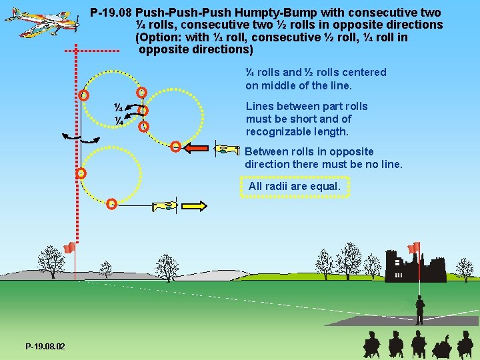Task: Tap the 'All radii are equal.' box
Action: [x=294, y=187]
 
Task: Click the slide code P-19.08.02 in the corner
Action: [x=45, y=347]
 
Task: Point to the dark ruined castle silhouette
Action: [x=415, y=267]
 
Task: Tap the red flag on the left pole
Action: [x=68, y=249]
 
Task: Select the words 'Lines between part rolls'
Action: [x=307, y=107]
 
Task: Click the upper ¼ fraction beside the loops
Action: [x=117, y=107]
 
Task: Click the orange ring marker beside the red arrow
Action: [x=175, y=147]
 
